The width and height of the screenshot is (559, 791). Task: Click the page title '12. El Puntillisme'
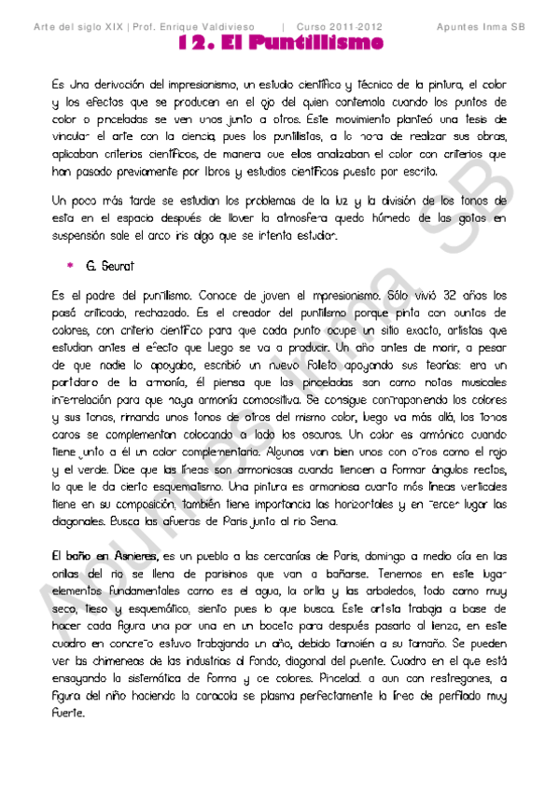(x=280, y=43)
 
